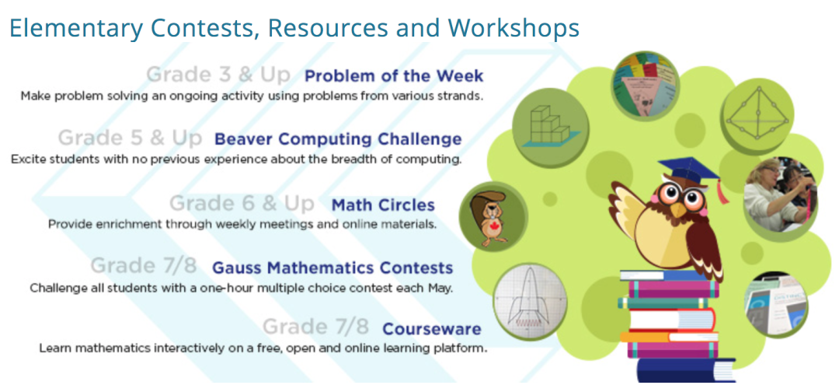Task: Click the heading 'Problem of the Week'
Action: (x=394, y=76)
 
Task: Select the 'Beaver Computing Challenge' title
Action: (x=338, y=139)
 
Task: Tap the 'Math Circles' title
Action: (x=383, y=205)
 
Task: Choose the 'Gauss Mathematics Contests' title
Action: (x=332, y=268)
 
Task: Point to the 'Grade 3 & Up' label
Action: (x=218, y=75)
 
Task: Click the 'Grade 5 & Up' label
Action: (x=130, y=138)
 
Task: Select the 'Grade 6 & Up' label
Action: (x=242, y=204)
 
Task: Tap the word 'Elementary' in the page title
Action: (x=76, y=28)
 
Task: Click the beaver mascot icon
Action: (x=493, y=216)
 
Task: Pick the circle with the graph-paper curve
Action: (x=529, y=302)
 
